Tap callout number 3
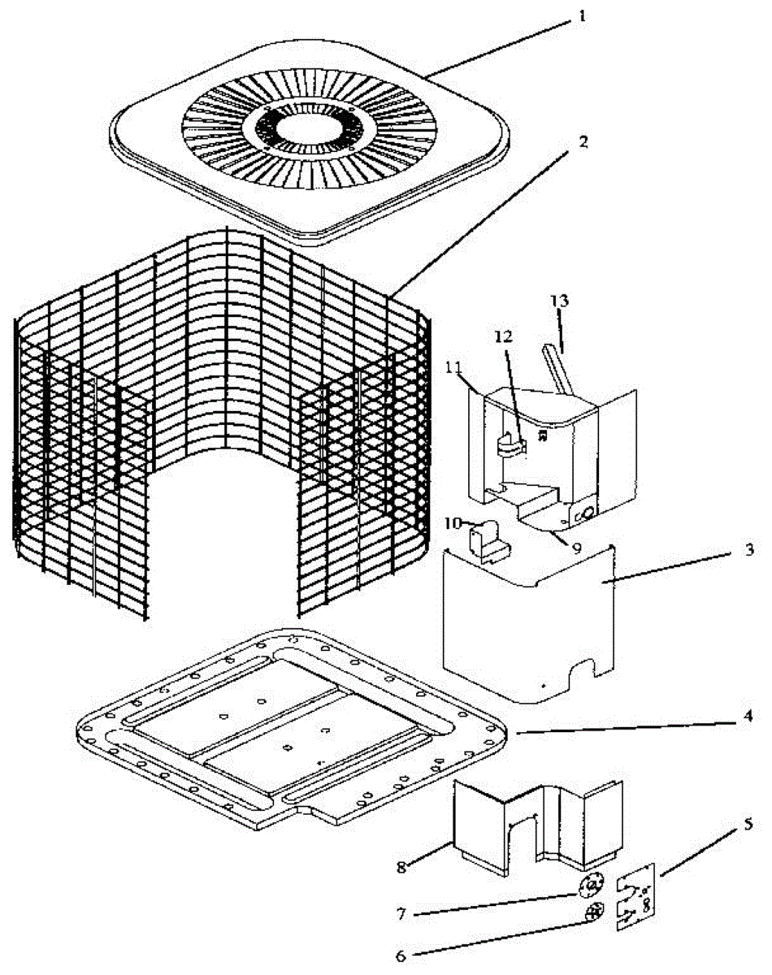tap(748, 549)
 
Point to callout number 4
tap(747, 716)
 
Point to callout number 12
tap(504, 334)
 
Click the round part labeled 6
tap(594, 912)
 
